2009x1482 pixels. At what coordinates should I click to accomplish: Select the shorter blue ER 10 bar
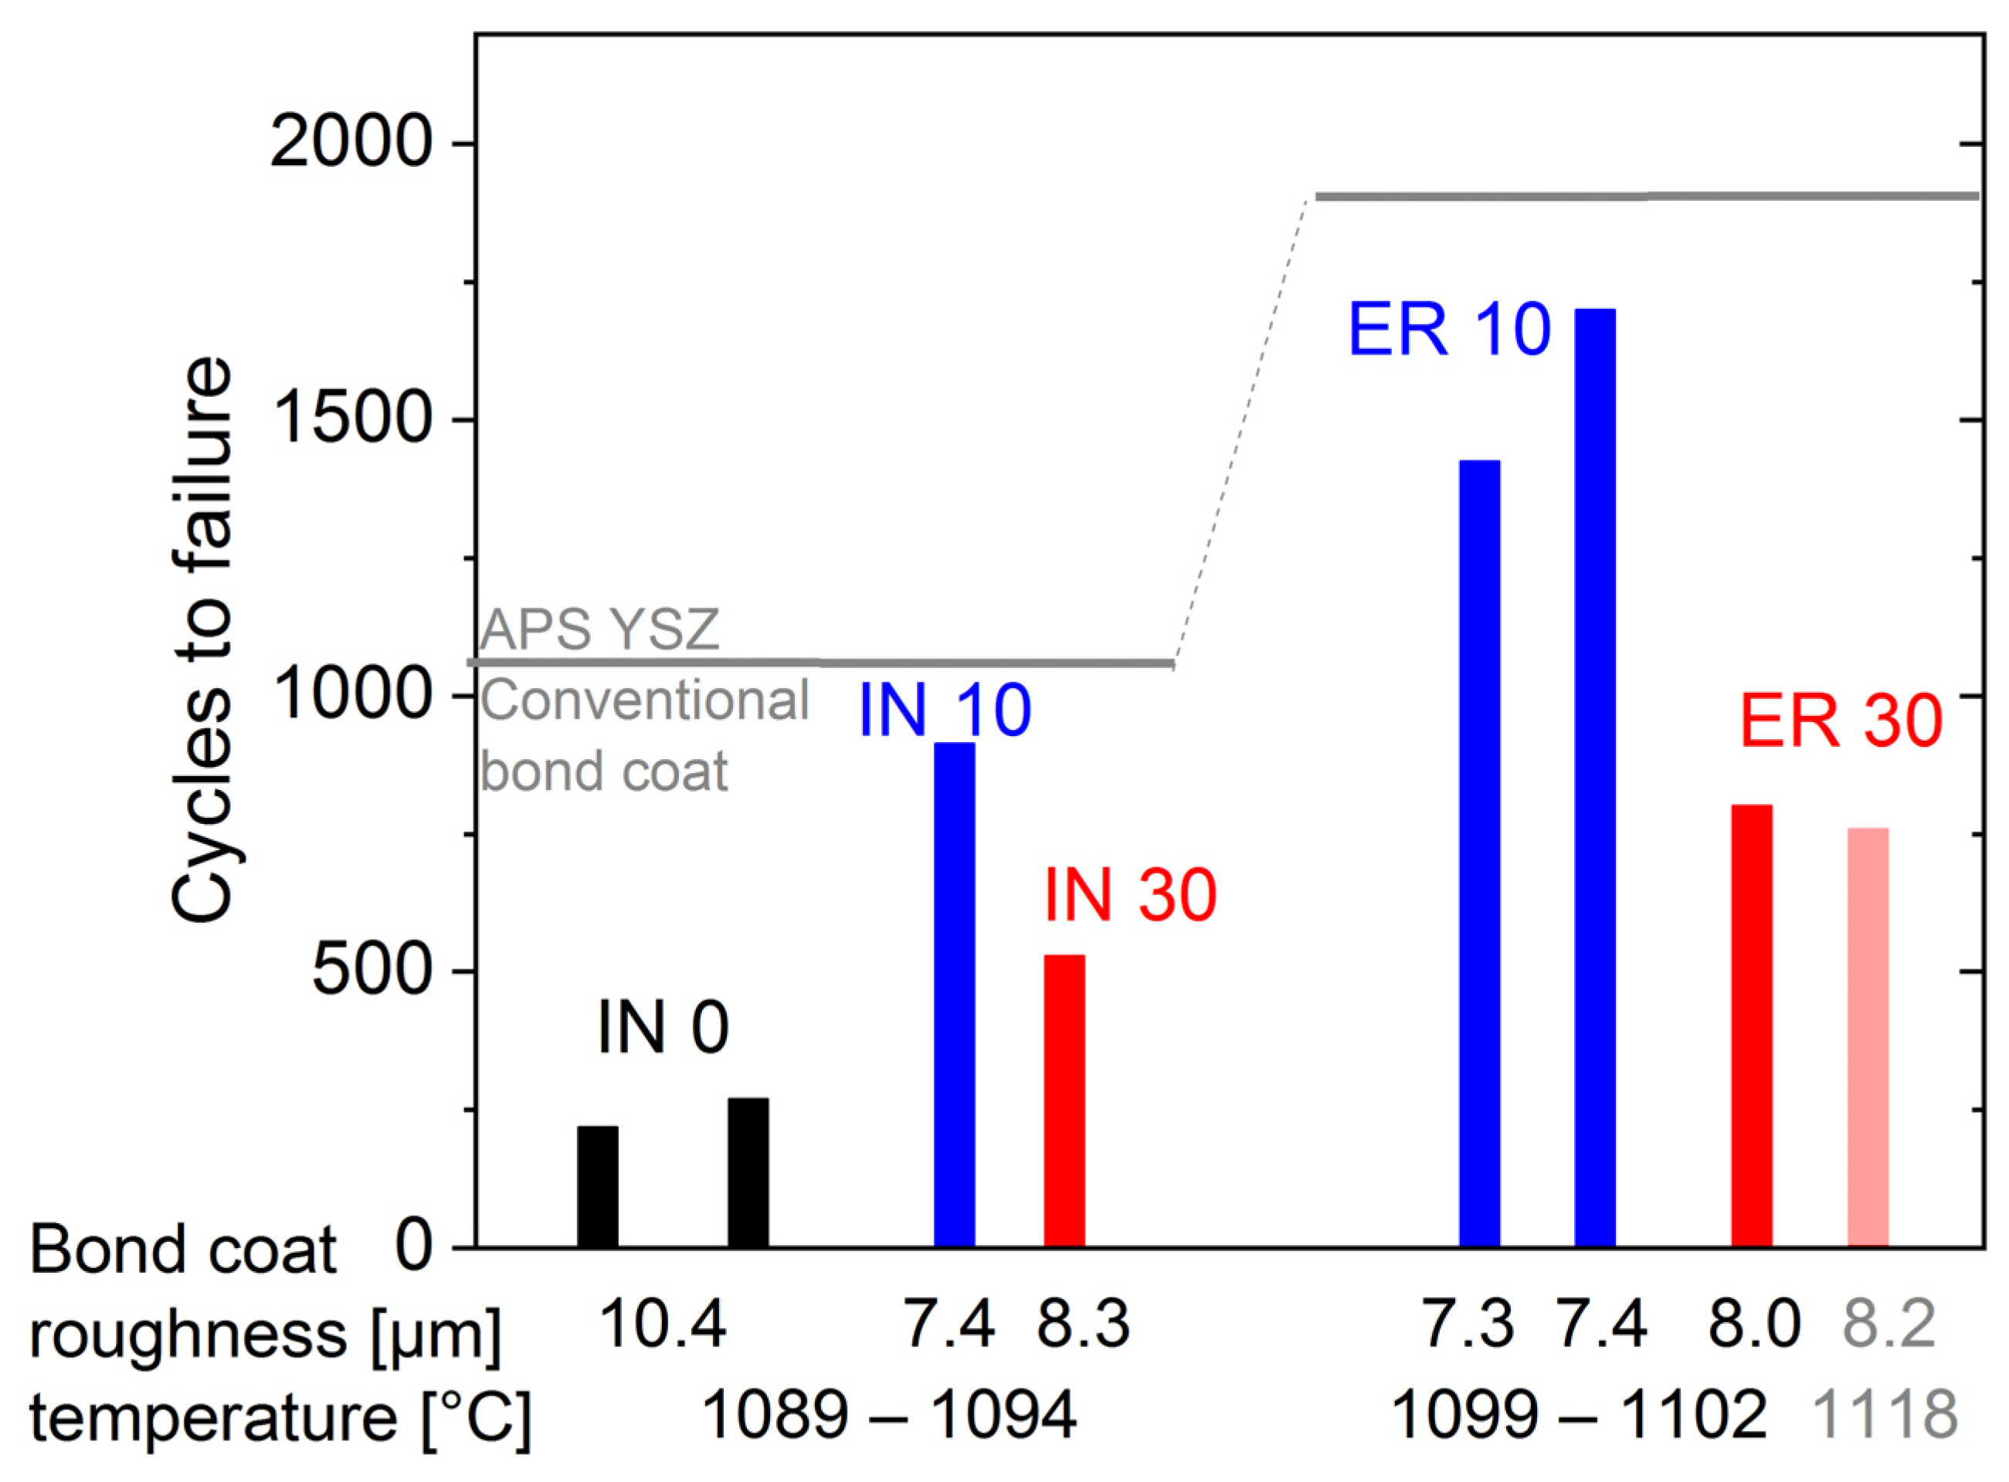1480,853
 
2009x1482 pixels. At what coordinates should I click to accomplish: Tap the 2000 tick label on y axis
351,144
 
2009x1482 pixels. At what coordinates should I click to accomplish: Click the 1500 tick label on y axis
351,420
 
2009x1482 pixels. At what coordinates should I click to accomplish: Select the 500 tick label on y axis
372,972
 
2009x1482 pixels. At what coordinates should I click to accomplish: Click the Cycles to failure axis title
201,639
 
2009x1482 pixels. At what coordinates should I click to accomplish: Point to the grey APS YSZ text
599,629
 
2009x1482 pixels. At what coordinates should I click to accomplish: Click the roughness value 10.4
662,1326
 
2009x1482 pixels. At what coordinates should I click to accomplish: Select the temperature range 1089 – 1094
888,1416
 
